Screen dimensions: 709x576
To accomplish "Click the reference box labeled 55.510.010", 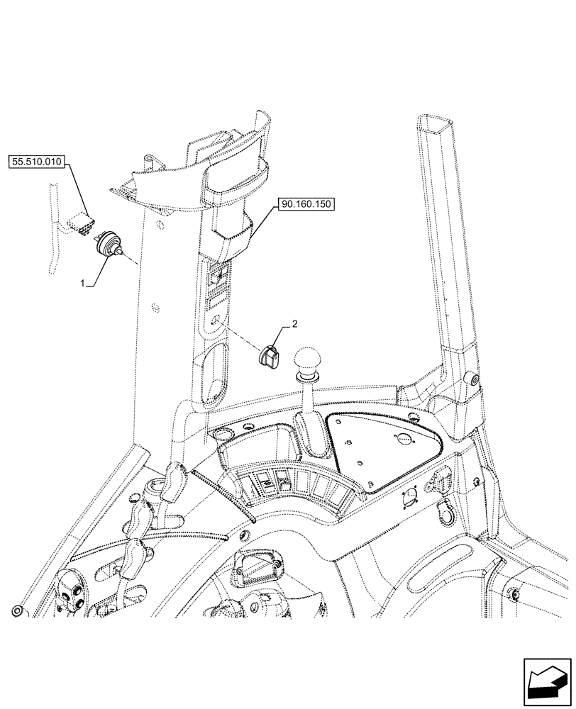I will coord(38,162).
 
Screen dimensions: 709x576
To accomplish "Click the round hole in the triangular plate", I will coord(404,438).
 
